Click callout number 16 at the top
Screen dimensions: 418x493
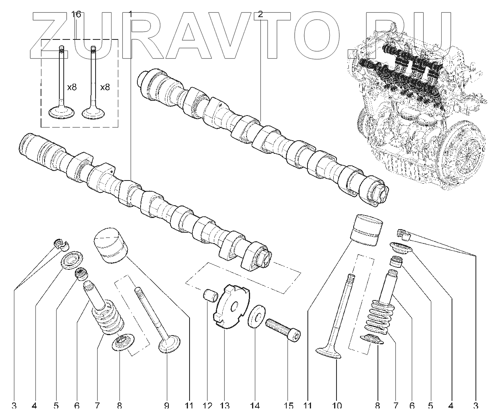76,14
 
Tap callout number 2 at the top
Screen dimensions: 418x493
260,14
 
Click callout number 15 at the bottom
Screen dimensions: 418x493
289,406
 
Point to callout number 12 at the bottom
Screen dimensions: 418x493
207,406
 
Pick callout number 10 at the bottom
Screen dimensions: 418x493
336,406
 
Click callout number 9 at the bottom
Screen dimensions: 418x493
166,406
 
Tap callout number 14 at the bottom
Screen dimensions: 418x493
255,406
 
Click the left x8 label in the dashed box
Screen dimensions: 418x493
72,87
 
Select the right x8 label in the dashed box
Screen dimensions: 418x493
105,87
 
